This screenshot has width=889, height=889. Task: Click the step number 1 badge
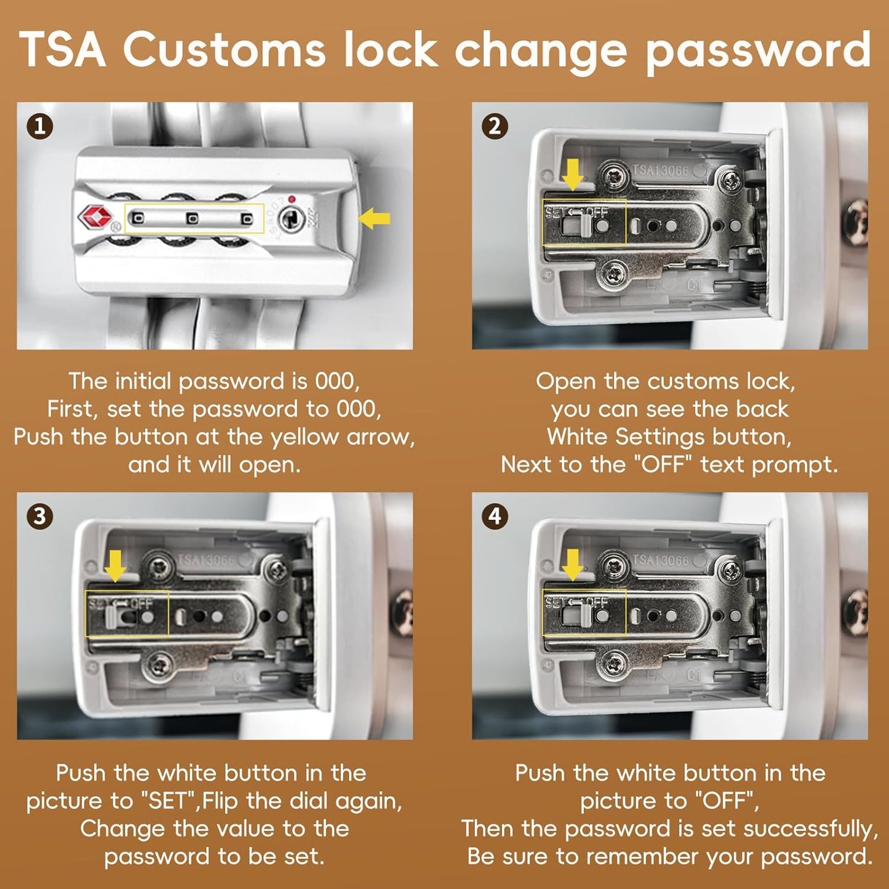pos(40,127)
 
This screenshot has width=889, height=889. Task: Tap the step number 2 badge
pos(495,127)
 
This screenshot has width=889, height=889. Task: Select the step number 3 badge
pos(40,516)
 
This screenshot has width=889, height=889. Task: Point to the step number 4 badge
pos(495,516)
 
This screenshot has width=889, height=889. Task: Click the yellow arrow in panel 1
pos(374,218)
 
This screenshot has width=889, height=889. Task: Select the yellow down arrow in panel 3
pos(115,566)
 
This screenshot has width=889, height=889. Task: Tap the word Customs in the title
pos(224,50)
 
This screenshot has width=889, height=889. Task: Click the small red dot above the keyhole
pos(291,199)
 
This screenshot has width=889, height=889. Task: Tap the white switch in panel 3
pos(111,618)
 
